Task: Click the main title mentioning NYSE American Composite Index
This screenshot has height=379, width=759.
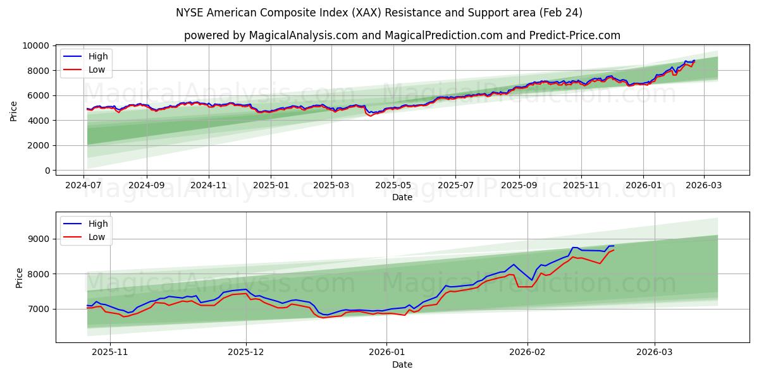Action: click(x=379, y=13)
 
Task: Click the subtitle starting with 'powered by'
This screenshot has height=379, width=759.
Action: click(x=402, y=35)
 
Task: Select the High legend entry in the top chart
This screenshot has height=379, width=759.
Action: click(x=98, y=56)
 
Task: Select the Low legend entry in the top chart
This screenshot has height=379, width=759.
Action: click(x=97, y=70)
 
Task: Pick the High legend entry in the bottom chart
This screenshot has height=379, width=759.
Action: click(x=98, y=224)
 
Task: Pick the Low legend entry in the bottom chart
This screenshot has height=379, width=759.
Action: click(x=97, y=237)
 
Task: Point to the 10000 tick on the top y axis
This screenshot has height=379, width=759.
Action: click(x=35, y=46)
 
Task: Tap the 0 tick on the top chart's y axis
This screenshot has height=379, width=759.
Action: click(x=47, y=171)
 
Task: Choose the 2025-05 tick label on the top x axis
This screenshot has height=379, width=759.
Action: click(x=393, y=186)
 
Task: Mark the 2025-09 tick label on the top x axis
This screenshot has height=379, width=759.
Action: click(x=519, y=186)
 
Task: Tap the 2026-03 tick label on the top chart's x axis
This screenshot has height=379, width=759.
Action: click(x=703, y=186)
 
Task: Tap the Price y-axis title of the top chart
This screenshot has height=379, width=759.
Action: click(x=14, y=111)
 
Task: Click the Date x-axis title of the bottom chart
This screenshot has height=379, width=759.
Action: click(x=402, y=364)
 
